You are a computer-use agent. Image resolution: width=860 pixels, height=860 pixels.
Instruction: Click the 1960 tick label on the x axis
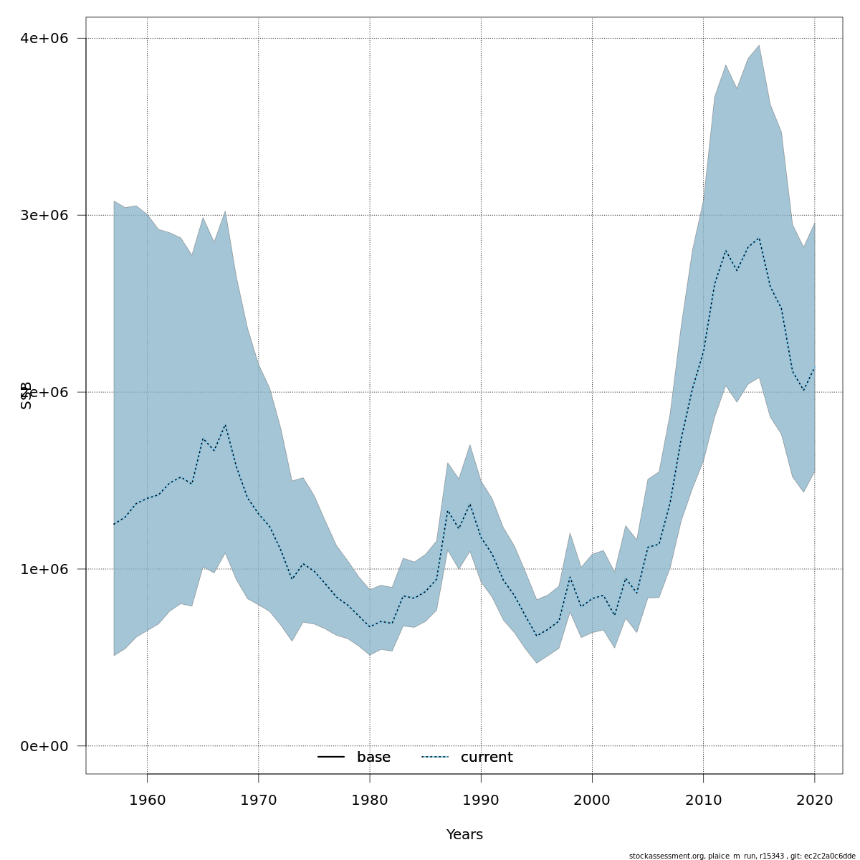(147, 800)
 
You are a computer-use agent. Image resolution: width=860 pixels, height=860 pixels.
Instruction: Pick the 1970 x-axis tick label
(259, 800)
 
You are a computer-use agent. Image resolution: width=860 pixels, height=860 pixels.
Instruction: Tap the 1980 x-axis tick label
(370, 800)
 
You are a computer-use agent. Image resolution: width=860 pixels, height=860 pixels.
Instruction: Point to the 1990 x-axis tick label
(481, 800)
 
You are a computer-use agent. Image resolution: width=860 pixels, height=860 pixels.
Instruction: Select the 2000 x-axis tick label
(592, 800)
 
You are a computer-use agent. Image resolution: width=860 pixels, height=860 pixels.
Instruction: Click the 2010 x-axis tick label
(704, 800)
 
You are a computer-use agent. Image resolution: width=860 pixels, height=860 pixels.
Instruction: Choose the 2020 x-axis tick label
(815, 800)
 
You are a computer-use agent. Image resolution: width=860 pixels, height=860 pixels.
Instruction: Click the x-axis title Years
(464, 835)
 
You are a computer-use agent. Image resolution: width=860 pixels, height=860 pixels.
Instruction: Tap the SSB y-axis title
(27, 395)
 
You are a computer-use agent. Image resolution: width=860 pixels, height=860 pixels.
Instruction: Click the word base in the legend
(373, 758)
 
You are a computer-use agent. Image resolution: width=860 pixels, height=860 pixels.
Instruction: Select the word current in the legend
(487, 758)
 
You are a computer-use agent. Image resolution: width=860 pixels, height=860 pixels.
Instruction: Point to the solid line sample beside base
(331, 758)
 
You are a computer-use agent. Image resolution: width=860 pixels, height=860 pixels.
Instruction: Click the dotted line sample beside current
(435, 758)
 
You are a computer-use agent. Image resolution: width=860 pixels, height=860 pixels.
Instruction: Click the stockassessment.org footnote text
(742, 856)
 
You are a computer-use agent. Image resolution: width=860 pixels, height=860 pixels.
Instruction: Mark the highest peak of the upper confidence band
(759, 46)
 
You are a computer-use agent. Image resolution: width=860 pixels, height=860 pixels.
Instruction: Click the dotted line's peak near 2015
(759, 238)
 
